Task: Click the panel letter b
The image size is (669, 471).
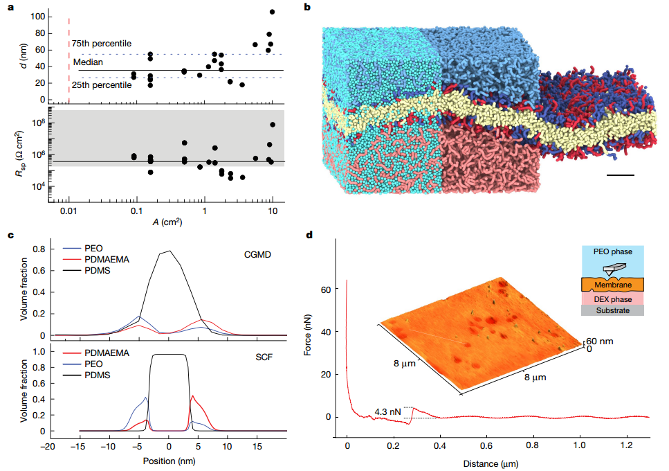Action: [307, 7]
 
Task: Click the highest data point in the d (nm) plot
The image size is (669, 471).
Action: [272, 12]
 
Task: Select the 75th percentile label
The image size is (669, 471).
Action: [102, 44]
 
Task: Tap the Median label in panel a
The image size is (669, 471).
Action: [88, 62]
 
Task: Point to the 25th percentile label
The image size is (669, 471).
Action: [102, 85]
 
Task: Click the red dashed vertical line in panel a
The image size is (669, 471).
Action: [69, 61]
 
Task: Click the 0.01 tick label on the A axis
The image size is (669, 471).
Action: [68, 211]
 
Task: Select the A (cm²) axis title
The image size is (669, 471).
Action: [167, 222]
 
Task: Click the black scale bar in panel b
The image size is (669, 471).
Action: [621, 175]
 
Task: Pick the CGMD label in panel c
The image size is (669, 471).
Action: [257, 255]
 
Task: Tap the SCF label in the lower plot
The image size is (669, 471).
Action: [264, 357]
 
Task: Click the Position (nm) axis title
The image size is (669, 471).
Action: [169, 461]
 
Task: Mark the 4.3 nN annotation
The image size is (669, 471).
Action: [387, 412]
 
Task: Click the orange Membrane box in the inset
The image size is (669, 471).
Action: [613, 285]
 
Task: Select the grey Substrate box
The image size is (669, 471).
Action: [613, 310]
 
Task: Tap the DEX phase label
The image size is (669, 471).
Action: [613, 299]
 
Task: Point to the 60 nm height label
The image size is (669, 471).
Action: [599, 341]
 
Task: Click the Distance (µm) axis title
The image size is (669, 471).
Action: [491, 464]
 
